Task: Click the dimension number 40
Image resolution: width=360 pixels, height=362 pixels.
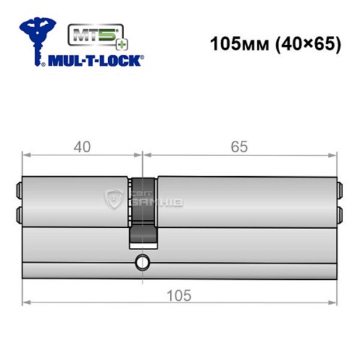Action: coord(82,147)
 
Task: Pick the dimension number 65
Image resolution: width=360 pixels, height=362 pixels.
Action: coord(240,147)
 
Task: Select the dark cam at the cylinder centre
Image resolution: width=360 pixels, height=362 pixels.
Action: coord(143,217)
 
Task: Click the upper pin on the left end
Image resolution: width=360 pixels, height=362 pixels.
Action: coord(19,193)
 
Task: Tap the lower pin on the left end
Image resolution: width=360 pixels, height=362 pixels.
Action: coord(19,214)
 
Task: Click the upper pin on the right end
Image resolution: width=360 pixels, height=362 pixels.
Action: coord(339,193)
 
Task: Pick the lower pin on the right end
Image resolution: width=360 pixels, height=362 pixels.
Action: coord(339,214)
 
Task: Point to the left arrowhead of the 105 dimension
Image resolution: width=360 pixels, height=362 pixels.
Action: coord(25,300)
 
